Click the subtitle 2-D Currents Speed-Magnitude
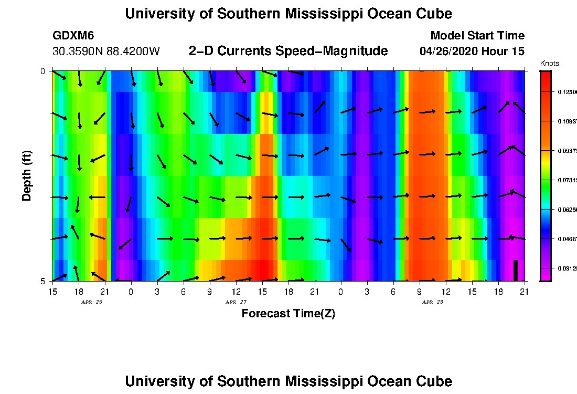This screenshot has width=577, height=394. pos(288,51)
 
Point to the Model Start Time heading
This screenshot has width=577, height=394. pos(477,36)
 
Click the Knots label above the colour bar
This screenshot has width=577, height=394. pos(549,64)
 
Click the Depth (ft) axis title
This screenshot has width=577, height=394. pos(27,175)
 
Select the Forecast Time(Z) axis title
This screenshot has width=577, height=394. pos(288,314)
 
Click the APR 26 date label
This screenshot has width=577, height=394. pos(92,302)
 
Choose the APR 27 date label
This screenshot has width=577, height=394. pos(236,302)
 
